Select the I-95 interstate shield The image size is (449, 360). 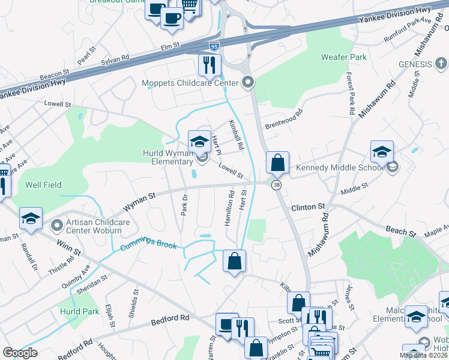coord(214,46)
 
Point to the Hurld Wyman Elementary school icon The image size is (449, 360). coord(200,142)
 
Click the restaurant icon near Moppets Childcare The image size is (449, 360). coord(209,65)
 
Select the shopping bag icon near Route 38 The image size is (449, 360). coord(278,163)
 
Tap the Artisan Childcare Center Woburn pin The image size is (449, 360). coord(57,226)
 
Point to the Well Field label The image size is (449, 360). coord(43,185)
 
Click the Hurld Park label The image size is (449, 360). coord(79,311)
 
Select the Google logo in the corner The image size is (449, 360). coord(20,353)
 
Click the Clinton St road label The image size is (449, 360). coord(307,207)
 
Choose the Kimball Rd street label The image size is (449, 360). coord(235,134)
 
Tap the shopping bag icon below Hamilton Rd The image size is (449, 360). coord(234,261)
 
